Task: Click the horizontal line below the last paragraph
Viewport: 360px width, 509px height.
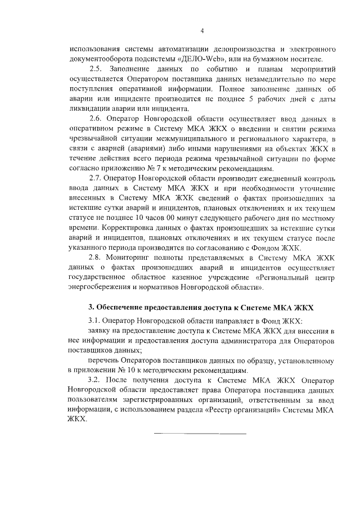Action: coord(200,434)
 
